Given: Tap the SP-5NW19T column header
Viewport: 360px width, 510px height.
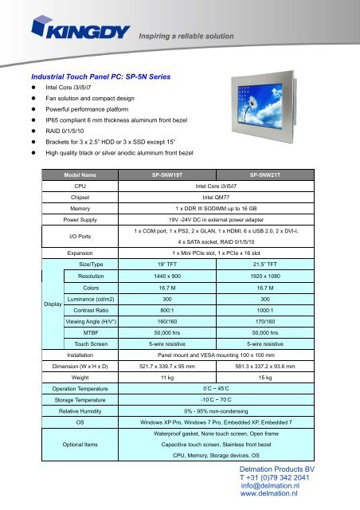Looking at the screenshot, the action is pyautogui.click(x=171, y=173).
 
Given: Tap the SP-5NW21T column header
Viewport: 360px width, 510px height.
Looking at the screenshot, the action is pyautogui.click(x=269, y=173).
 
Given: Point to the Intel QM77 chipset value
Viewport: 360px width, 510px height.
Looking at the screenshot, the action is pyautogui.click(x=220, y=194).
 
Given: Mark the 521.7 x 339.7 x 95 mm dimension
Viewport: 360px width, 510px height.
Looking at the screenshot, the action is pyautogui.click(x=171, y=388).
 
